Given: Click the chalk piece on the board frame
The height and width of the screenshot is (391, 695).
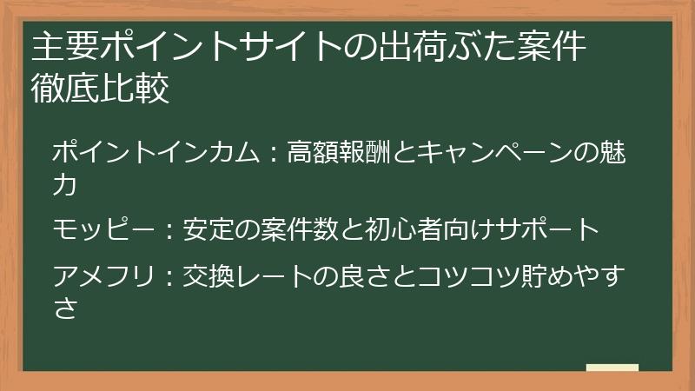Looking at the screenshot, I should (x=612, y=368).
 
